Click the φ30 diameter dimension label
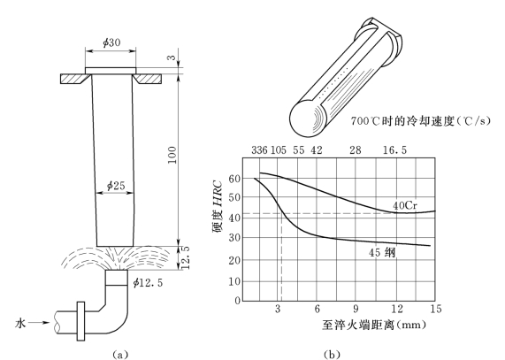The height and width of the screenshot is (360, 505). [x=111, y=42]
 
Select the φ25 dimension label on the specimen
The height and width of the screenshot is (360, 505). [x=116, y=186]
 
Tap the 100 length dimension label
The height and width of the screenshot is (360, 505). [x=172, y=155]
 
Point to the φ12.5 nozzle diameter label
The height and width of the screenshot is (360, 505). [x=149, y=283]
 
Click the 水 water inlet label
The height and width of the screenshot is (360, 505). [x=20, y=323]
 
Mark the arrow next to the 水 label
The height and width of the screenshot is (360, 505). [x=40, y=322]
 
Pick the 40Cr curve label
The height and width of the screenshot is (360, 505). [x=405, y=205]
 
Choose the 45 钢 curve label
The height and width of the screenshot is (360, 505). [x=382, y=252]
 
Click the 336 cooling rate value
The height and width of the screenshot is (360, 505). [x=259, y=150]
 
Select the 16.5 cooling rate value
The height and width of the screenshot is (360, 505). [x=394, y=150]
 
